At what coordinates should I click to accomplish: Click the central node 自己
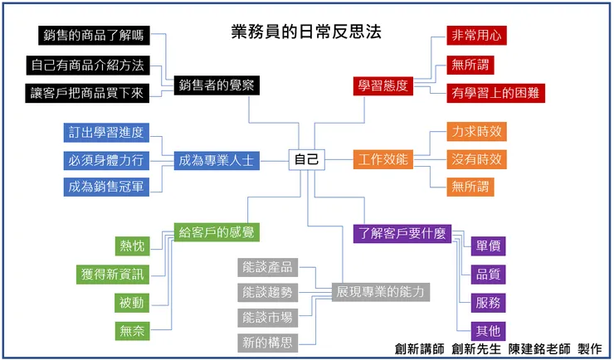(306, 159)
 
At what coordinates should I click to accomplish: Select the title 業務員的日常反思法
(306, 32)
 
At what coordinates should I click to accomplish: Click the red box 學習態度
(383, 85)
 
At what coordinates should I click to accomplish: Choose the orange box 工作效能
(383, 159)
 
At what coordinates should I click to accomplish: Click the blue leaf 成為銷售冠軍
(107, 187)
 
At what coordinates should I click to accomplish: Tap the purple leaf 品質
(488, 275)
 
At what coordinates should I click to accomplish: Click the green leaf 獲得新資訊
(113, 275)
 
